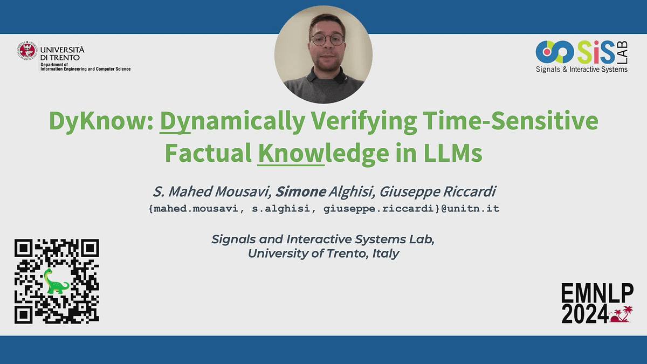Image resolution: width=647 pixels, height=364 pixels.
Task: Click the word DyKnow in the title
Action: (x=101, y=121)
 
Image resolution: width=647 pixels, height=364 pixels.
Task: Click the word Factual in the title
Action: (x=208, y=153)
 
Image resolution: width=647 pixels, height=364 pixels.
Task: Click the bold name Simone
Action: (x=300, y=191)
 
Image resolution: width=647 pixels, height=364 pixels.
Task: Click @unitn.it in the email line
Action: (x=470, y=209)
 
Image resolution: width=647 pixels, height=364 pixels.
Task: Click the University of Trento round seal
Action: (x=27, y=51)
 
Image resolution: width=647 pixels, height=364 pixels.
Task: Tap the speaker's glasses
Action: (x=328, y=40)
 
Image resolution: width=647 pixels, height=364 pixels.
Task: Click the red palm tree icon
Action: (x=621, y=314)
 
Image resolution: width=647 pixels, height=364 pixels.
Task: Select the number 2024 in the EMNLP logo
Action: (x=585, y=314)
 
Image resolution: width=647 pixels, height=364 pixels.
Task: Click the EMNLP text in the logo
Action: (x=597, y=293)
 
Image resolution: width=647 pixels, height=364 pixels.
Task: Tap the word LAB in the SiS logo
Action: (x=623, y=52)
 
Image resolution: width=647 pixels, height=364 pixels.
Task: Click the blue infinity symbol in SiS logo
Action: (x=555, y=52)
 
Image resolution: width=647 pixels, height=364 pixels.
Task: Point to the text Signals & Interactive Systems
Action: (x=582, y=70)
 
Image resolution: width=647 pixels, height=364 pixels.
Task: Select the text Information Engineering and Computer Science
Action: (x=86, y=69)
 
